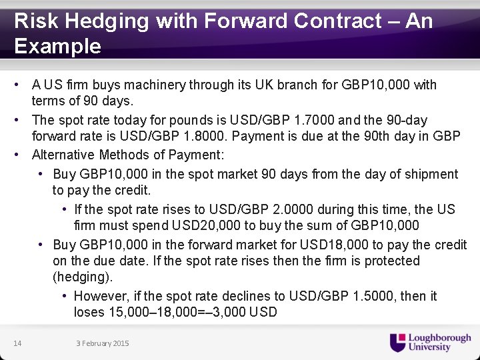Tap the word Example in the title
[x=57, y=47]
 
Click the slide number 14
[x=17, y=343]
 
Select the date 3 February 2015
[x=102, y=343]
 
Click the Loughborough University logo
[x=430, y=342]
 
